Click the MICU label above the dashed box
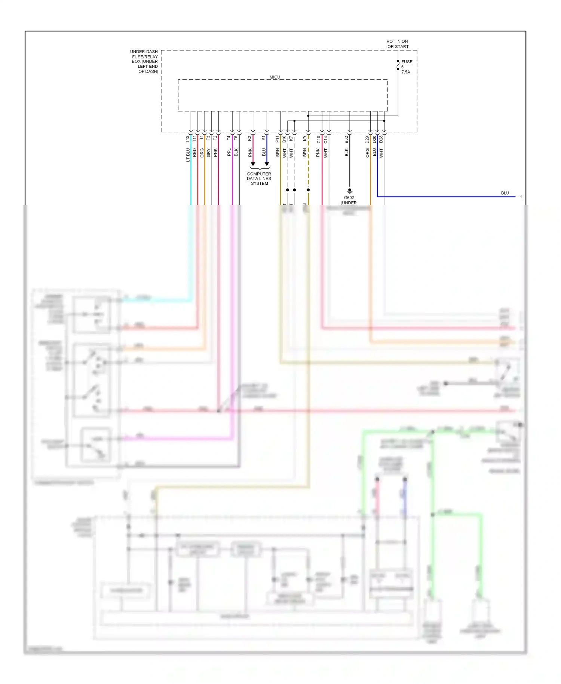click(275, 77)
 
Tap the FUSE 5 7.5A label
click(407, 67)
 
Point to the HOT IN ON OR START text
click(397, 44)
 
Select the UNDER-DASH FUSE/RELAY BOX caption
click(144, 61)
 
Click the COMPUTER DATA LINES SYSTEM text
click(259, 178)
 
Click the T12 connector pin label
click(188, 139)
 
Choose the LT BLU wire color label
click(188, 155)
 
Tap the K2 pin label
click(250, 138)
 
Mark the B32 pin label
click(347, 139)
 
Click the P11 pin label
click(278, 139)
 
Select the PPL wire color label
click(229, 152)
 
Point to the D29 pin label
click(367, 140)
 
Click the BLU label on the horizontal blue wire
click(505, 193)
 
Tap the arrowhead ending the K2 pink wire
click(253, 164)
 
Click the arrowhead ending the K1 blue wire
click(267, 164)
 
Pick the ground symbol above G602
click(350, 190)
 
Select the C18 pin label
click(319, 140)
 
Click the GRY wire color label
click(208, 152)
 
